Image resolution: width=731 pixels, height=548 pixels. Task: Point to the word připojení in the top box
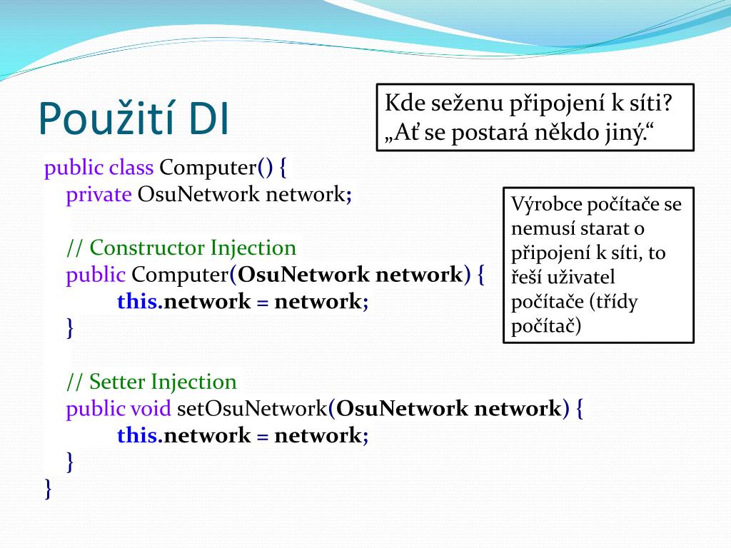[550, 103]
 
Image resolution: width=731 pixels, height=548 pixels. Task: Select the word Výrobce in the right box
[547, 205]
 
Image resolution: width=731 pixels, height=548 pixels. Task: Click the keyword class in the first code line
[131, 168]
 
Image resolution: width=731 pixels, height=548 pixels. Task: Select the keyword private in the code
[99, 194]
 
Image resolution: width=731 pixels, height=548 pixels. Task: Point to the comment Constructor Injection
[181, 248]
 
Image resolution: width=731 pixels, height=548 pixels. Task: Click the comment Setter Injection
[151, 382]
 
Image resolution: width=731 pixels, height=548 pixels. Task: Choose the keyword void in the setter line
[151, 409]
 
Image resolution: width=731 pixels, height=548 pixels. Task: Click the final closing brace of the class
[48, 489]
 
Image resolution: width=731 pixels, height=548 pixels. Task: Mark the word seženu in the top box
[467, 103]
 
